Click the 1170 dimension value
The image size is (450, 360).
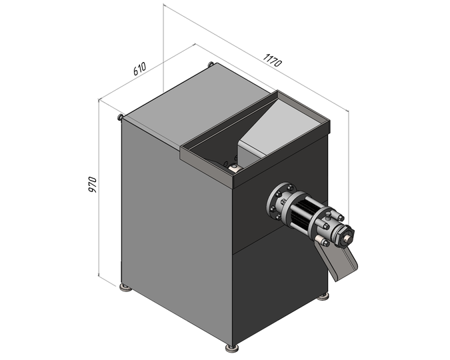pos(273,60)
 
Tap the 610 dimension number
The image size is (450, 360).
pos(140,69)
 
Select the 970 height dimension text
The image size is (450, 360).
pos(93,185)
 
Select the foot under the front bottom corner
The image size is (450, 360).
pos(232,349)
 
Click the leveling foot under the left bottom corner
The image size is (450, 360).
pos(126,288)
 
